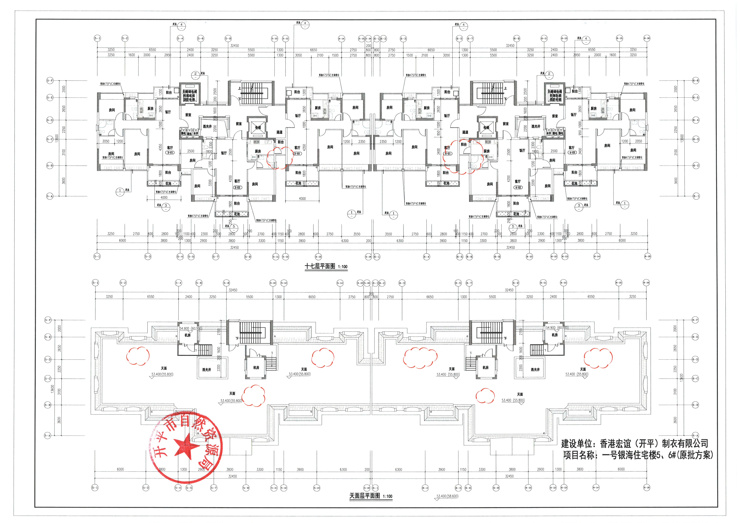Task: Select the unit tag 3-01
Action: (170, 153)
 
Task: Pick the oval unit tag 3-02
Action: (237, 188)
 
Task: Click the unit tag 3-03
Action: (297, 154)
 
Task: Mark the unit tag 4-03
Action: (572, 153)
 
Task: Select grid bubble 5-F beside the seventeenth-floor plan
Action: (50, 81)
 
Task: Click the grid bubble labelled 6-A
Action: (695, 435)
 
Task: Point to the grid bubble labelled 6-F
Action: (695, 320)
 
